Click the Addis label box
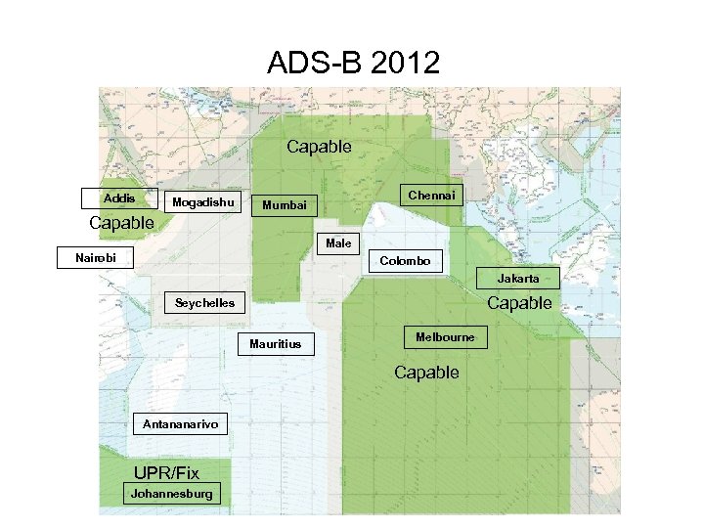coord(119,198)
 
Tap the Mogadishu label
coord(203,202)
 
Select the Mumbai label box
coord(285,205)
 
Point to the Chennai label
coord(431,196)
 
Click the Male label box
coord(338,242)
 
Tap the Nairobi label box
coord(96,258)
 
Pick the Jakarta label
coord(517,279)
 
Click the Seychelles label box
coord(204,303)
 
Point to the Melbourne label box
coord(445,337)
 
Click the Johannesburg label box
coord(171,494)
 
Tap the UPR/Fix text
coord(166,473)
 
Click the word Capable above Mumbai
coord(319,147)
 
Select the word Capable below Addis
coord(121,223)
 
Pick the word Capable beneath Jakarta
coord(519,303)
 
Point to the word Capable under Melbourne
coord(426,373)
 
